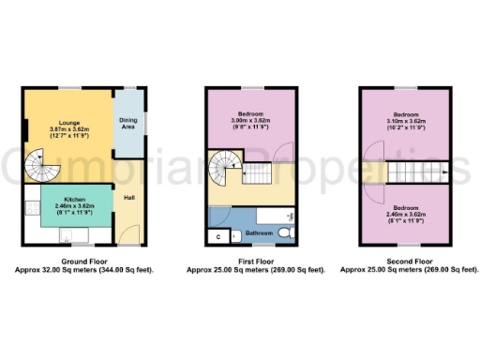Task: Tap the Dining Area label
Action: pyautogui.click(x=128, y=123)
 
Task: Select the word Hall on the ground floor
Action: pyautogui.click(x=129, y=198)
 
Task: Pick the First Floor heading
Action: pyautogui.click(x=250, y=262)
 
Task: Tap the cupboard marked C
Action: pyautogui.click(x=217, y=235)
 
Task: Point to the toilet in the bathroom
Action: pyautogui.click(x=290, y=232)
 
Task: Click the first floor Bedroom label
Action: pyautogui.click(x=250, y=113)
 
